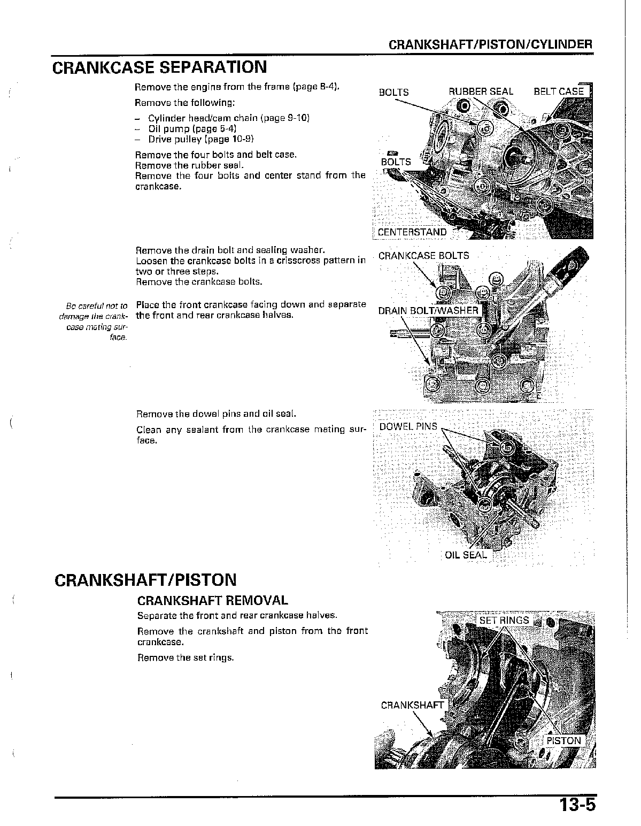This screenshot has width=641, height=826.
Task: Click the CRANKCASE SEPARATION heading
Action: [x=160, y=67]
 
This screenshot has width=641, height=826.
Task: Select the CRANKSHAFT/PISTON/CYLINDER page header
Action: [x=490, y=44]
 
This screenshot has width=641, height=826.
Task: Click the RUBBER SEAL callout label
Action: [x=481, y=91]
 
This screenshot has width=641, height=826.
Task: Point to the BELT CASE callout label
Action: [x=559, y=91]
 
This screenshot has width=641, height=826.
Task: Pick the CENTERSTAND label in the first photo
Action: [x=412, y=232]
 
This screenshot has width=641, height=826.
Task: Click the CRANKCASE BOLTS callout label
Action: [x=423, y=256]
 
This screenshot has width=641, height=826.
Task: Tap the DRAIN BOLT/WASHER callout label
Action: [x=428, y=311]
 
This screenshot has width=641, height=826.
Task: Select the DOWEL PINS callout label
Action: [x=408, y=426]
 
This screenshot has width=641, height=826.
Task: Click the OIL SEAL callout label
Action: [x=466, y=555]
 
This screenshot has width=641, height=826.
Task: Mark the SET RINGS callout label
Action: [x=504, y=620]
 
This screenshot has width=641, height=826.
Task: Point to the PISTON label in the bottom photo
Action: [x=563, y=741]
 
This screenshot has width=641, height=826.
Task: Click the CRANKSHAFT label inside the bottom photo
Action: [x=412, y=705]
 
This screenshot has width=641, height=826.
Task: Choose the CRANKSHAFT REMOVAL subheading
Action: [x=212, y=601]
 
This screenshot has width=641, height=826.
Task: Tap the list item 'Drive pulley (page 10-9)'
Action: [x=201, y=140]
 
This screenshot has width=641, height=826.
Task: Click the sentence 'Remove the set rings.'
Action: [x=186, y=657]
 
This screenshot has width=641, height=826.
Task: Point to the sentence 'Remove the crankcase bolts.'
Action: [x=199, y=282]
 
